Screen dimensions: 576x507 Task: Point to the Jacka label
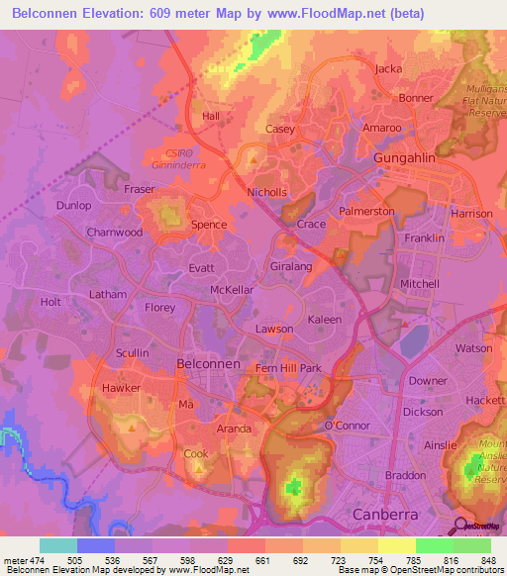pyautogui.click(x=389, y=68)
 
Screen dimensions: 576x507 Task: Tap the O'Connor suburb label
pyautogui.click(x=346, y=426)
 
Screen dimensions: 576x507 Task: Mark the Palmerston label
pyautogui.click(x=367, y=212)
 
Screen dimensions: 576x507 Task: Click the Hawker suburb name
pyautogui.click(x=122, y=388)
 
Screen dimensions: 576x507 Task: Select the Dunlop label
pyautogui.click(x=73, y=206)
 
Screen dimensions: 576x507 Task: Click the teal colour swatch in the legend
pyautogui.click(x=57, y=545)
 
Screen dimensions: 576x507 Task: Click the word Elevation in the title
pyautogui.click(x=119, y=12)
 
